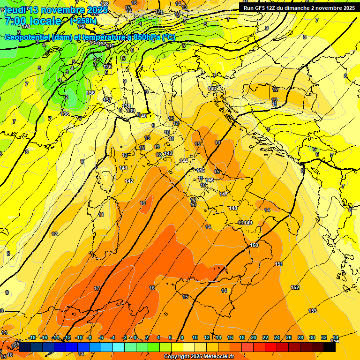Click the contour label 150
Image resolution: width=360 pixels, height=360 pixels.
click(x=254, y=245)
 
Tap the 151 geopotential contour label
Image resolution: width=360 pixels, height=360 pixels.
click(x=279, y=264)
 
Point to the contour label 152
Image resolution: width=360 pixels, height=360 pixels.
click(x=295, y=287)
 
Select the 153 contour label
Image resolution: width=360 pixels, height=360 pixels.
click(x=313, y=311)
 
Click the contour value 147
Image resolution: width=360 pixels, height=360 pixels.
click(x=224, y=194)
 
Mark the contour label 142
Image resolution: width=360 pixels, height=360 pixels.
click(x=129, y=181)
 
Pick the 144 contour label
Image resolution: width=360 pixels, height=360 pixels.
click(x=184, y=161)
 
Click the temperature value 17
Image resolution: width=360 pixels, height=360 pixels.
click(x=97, y=288)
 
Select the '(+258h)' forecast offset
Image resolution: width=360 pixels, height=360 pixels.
click(x=83, y=21)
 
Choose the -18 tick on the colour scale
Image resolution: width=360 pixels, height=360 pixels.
click(x=32, y=337)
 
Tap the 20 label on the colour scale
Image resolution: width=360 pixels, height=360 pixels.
click(x=254, y=337)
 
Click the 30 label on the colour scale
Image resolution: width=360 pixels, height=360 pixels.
click(x=312, y=337)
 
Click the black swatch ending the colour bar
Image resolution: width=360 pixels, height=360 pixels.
click(x=329, y=347)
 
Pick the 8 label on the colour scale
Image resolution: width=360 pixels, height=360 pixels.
click(x=182, y=337)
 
